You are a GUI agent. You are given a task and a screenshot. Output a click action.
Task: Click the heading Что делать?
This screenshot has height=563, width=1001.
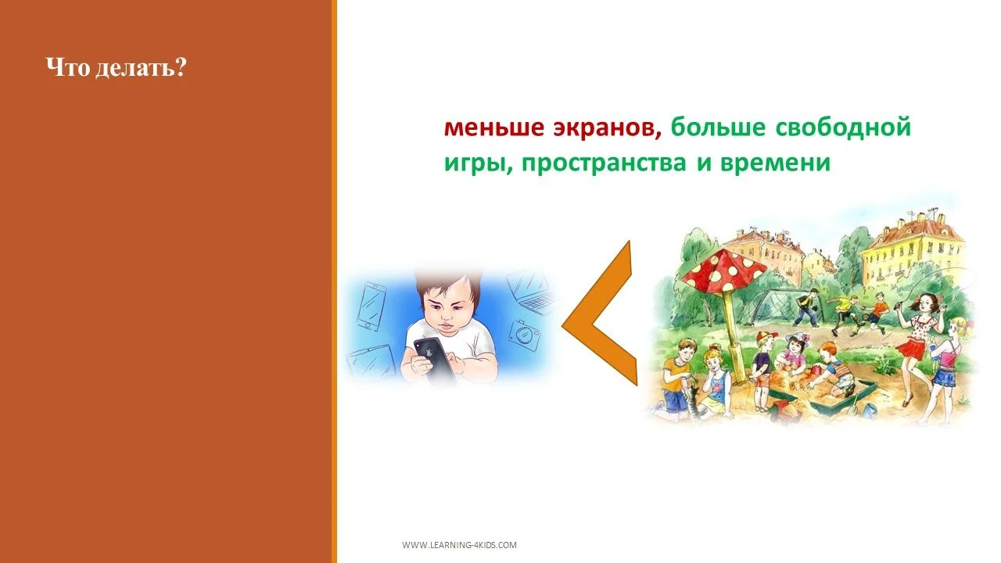[x=116, y=68]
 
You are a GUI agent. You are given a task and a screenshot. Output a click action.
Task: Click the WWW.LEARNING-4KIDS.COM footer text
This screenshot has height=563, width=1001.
[x=459, y=545]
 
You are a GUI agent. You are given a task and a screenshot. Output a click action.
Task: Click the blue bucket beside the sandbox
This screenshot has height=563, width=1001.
[x=870, y=408]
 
